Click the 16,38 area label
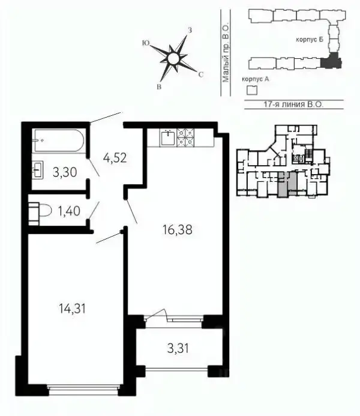point(178,230)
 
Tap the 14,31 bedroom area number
point(72,309)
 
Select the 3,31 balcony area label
point(178,348)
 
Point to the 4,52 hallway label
point(115,158)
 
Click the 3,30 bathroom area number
point(65,172)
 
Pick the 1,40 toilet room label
point(69,211)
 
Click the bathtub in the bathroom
point(59,140)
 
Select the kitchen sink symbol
point(167,138)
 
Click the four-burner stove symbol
point(185,137)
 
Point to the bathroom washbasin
point(37,170)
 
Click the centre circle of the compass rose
point(173,58)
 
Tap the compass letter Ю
point(146,43)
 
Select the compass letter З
point(190,30)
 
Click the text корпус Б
point(310,40)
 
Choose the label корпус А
point(256,79)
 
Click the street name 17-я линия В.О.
point(293,104)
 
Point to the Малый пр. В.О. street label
point(226,54)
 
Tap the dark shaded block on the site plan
point(331,61)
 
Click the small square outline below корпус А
point(252,90)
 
